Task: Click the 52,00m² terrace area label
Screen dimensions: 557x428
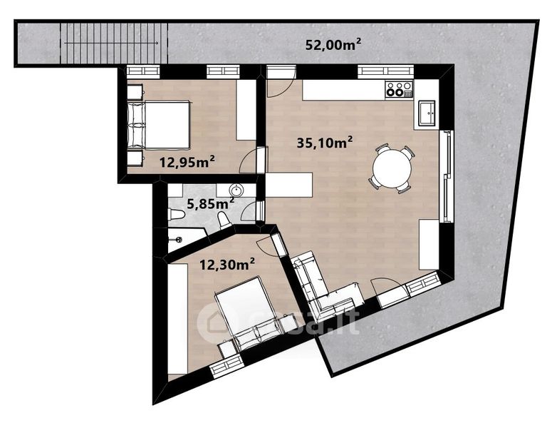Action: (x=333, y=44)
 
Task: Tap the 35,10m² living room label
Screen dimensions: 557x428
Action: (x=325, y=143)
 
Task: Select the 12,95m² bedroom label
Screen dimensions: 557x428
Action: (x=187, y=162)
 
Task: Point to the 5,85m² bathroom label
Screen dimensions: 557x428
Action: (x=210, y=204)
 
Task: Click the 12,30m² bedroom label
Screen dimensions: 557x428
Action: (x=227, y=265)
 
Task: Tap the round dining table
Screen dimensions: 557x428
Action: (x=392, y=168)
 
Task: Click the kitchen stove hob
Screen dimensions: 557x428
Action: (x=400, y=89)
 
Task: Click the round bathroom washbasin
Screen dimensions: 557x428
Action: (x=236, y=190)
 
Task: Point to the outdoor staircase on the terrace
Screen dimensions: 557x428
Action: (x=114, y=44)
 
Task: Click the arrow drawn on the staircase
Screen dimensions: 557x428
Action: (x=111, y=44)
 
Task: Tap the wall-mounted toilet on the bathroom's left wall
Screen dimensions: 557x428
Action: (x=176, y=215)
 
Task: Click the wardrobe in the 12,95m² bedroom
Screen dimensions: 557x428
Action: (x=246, y=110)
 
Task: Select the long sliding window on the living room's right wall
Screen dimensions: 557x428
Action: (x=447, y=176)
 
